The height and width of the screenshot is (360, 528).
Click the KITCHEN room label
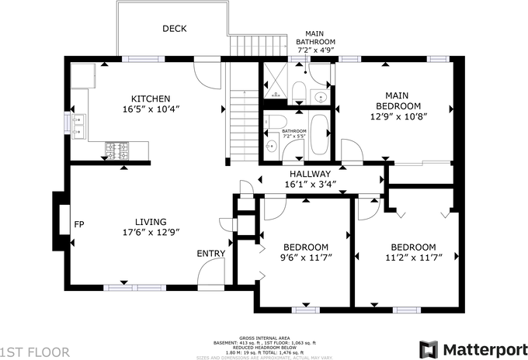tap(151, 99)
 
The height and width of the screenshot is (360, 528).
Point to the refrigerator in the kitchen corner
tap(82, 75)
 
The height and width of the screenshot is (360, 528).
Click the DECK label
tap(174, 29)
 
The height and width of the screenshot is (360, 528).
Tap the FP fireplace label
tap(78, 225)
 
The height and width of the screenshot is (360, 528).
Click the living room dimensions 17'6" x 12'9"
tap(151, 231)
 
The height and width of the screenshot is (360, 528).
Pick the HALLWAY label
tap(310, 174)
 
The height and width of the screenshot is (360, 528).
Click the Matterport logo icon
tap(428, 348)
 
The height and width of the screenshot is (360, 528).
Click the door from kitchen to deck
tap(207, 74)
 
